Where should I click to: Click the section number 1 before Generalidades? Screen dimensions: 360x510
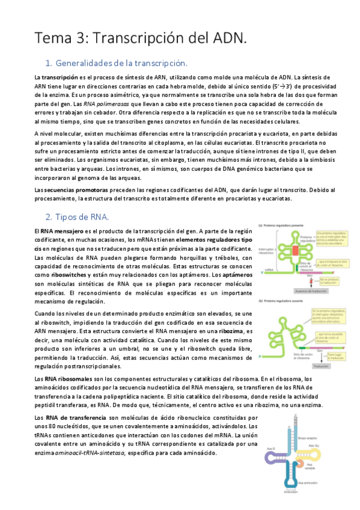(49, 63)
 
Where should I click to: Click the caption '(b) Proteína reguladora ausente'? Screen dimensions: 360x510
(281, 300)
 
